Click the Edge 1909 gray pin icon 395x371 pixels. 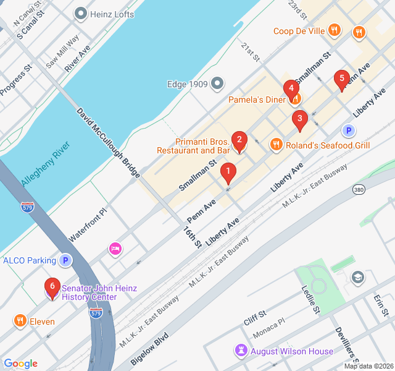217,83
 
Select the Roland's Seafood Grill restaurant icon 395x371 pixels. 276,145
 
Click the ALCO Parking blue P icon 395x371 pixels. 65,260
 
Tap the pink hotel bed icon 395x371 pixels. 115,249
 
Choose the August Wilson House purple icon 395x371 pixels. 240,351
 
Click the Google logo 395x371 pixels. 20,364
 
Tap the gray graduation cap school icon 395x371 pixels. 357,276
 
